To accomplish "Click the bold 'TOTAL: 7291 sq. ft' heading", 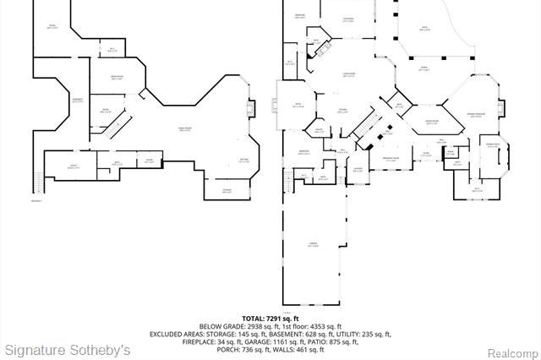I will tap(270, 319).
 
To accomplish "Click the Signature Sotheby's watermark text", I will tap(68, 349).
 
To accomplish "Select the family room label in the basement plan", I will tap(184, 128).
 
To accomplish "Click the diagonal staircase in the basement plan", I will tap(122, 125).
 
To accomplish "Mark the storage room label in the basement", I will tap(227, 191).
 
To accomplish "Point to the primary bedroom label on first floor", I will tap(475, 113).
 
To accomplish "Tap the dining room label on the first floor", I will tap(430, 123).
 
